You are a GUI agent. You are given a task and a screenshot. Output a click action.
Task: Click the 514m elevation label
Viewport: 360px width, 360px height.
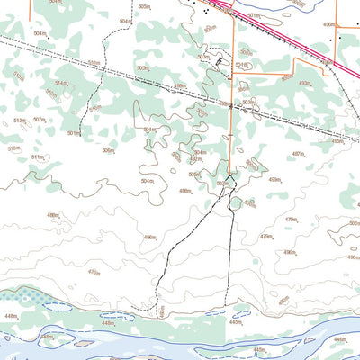61,83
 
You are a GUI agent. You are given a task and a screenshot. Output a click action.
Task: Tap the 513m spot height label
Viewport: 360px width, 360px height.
18,120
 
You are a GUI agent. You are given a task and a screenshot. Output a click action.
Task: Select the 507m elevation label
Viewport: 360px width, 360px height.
39,120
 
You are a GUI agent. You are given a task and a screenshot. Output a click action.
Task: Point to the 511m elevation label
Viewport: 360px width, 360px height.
37,157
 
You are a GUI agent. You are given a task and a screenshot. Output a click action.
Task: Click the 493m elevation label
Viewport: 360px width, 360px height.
304,83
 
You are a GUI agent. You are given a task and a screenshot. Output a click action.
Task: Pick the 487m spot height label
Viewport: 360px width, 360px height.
297,154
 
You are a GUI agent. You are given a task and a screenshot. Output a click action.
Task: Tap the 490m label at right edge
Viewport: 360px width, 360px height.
353,257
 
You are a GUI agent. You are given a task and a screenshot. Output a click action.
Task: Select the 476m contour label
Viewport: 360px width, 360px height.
94,271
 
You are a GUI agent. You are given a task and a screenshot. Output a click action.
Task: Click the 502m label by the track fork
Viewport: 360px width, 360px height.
221,184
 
